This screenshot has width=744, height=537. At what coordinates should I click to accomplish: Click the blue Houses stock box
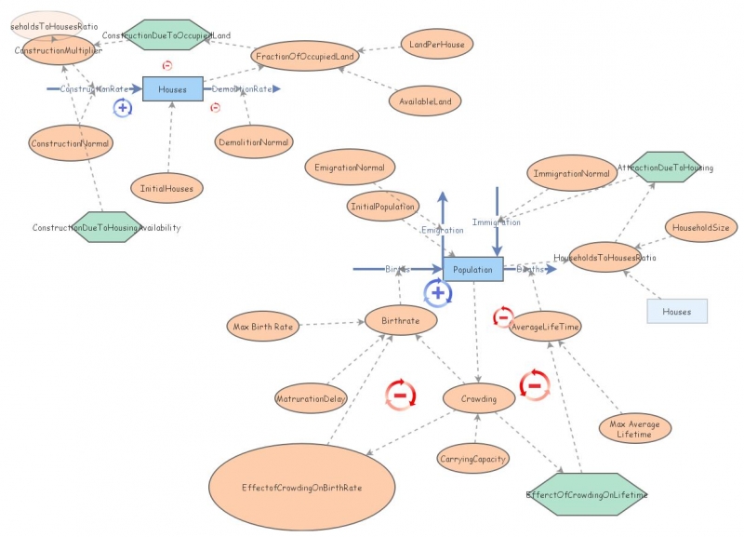pos(172,89)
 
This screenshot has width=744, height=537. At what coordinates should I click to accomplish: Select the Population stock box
pos(472,269)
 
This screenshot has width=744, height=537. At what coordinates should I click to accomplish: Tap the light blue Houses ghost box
pos(677,311)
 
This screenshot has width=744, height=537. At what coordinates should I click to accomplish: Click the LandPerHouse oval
pos(437,43)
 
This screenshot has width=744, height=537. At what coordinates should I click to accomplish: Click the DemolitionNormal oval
pos(253,142)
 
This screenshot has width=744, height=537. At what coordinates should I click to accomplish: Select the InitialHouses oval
pos(167,187)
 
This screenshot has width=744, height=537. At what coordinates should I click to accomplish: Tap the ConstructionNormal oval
pos(71,143)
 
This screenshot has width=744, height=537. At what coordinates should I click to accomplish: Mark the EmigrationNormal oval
pos(350,168)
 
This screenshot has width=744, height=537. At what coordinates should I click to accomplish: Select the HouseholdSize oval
pos(699,227)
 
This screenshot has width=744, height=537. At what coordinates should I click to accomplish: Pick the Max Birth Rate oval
pos(263,326)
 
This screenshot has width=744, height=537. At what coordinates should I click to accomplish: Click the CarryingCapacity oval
pos(472,458)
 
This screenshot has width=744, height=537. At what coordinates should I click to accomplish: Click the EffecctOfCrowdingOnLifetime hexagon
pos(586,493)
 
